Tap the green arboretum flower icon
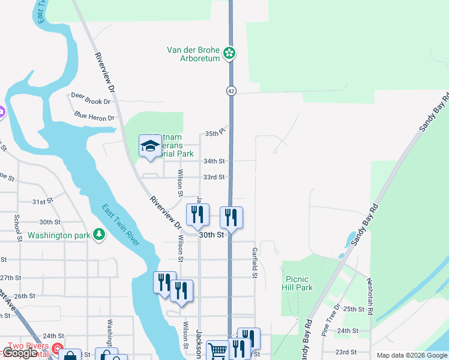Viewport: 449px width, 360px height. tap(229, 53)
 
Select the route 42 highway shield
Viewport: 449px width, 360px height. tap(231, 91)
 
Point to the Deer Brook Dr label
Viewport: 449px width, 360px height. tap(91, 102)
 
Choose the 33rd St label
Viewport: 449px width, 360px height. tap(214, 177)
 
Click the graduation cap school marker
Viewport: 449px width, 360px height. tap(149, 146)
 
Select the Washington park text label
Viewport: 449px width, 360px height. tap(58, 235)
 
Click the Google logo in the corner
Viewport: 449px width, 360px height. tap(20, 353)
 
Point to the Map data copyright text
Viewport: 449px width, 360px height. tap(412, 355)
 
